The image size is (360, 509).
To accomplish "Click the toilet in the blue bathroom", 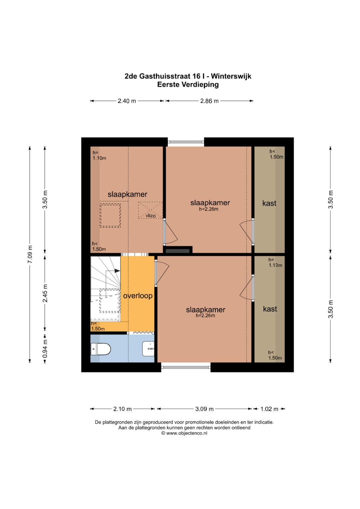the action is pyautogui.click(x=101, y=349).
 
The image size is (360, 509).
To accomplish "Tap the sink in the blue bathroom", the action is pyautogui.click(x=148, y=349).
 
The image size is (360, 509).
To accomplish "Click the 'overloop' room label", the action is pyautogui.click(x=138, y=296).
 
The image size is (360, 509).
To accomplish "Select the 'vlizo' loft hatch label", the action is pyautogui.click(x=151, y=216).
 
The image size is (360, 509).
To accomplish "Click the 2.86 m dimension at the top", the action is pyautogui.click(x=209, y=101).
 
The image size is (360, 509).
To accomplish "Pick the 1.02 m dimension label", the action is pyautogui.click(x=269, y=409).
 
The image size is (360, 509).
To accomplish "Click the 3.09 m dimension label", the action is pyautogui.click(x=204, y=409).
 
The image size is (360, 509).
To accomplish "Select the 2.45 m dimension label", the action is pyautogui.click(x=45, y=293).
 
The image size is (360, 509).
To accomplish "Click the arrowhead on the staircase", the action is pyautogui.click(x=117, y=271).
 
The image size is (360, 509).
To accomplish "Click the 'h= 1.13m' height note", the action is pyautogui.click(x=275, y=262).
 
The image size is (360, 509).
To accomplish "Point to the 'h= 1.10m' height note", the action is pyautogui.click(x=99, y=155).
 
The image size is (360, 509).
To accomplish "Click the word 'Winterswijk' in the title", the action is pyautogui.click(x=231, y=76).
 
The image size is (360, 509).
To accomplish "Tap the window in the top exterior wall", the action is pyautogui.click(x=186, y=142).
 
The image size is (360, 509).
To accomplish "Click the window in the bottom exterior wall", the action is pyautogui.click(x=186, y=367).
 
